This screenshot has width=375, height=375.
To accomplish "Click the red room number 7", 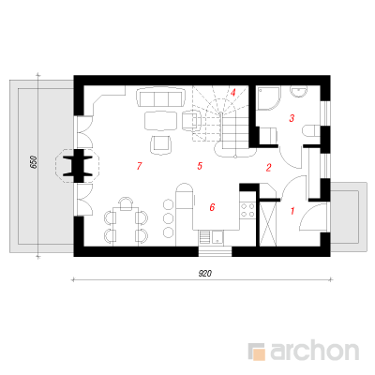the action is tap(140, 166).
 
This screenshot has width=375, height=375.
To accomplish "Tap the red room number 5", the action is tap(200, 166).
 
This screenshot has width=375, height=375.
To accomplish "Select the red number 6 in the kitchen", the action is tap(212, 207).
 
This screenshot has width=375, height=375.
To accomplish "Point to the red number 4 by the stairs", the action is tap(232, 93).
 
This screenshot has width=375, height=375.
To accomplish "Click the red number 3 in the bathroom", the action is tap(292, 118).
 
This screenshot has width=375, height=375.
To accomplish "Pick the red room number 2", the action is tap(268, 168).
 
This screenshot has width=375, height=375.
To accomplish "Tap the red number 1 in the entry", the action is tap(292, 211).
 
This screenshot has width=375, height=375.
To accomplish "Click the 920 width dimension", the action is tap(205, 274).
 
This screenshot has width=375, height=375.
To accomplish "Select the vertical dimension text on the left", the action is tap(34, 162).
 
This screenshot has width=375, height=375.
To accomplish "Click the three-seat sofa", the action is tap(161, 97).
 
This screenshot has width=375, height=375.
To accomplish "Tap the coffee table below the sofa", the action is tap(161, 120).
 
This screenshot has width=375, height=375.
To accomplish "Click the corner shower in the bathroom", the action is tap(267, 97).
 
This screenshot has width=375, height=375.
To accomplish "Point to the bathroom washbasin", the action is tap(299, 92).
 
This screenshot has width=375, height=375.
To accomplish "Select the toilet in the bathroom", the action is tap(311, 131).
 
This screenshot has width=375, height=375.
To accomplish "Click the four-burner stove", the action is tap(247, 210).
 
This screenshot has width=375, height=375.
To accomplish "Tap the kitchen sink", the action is tap(217, 237).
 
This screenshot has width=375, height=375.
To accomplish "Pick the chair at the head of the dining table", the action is tap(126, 203).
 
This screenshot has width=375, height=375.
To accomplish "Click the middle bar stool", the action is tap(169, 217).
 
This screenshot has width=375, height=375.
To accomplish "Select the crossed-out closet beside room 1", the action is tap(268, 223).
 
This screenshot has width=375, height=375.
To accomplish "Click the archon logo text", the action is tap(314, 352).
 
